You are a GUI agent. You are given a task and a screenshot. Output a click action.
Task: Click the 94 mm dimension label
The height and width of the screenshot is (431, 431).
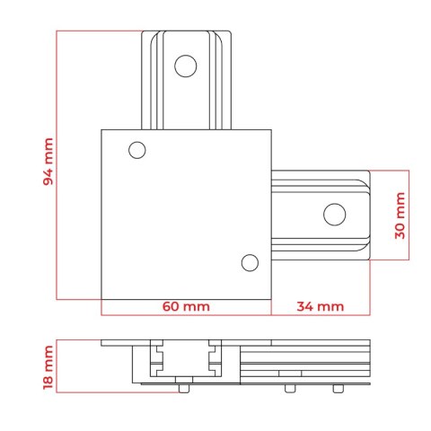48,162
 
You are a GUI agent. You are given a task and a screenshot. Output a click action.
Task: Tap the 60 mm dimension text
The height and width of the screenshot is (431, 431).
186,306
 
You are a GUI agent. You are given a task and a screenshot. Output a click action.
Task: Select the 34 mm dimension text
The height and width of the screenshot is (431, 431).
321,306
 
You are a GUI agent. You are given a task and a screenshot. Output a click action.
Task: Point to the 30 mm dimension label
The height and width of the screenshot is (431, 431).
400,215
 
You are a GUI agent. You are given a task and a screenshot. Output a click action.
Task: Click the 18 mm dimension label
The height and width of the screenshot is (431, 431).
48,367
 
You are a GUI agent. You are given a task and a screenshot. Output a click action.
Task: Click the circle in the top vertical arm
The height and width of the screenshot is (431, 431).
186,66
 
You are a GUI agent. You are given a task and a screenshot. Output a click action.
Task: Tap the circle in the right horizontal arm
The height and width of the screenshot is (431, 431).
335,215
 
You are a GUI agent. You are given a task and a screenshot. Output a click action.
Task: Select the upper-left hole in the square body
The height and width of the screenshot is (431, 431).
137,150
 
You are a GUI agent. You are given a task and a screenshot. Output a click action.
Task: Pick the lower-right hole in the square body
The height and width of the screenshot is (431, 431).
250,263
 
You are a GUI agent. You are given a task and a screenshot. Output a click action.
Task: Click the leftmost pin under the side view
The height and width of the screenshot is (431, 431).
184,389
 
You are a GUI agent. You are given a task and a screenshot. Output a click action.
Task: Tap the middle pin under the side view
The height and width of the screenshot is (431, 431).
290,389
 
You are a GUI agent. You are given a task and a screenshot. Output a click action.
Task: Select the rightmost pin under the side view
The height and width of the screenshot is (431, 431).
339,389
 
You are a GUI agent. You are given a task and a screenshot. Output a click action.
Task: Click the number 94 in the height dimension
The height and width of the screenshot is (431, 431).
48,177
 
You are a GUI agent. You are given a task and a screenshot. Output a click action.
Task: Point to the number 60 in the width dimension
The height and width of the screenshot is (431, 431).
171,306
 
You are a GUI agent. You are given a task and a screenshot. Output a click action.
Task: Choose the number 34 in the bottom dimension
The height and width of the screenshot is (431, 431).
305,306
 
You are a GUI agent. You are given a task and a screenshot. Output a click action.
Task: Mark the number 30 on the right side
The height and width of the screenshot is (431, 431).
400,231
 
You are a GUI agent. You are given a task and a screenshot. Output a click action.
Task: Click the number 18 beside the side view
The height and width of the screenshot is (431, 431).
48,382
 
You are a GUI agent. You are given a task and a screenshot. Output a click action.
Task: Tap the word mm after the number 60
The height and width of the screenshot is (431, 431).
197,307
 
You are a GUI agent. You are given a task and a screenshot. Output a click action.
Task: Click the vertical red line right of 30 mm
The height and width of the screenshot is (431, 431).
409,215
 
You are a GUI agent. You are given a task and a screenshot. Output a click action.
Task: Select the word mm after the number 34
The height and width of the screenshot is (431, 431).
330,307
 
